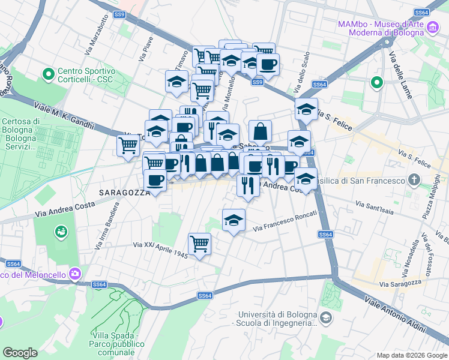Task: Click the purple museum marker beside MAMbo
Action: (432, 27)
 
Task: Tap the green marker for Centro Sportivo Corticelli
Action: (48, 74)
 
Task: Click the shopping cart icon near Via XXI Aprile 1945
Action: (200, 244)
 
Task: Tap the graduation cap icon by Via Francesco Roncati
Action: (234, 220)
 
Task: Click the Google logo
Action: (20, 352)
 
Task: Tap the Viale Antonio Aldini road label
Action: (403, 316)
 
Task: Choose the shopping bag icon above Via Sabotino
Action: (260, 130)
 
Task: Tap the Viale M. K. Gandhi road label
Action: (64, 116)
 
